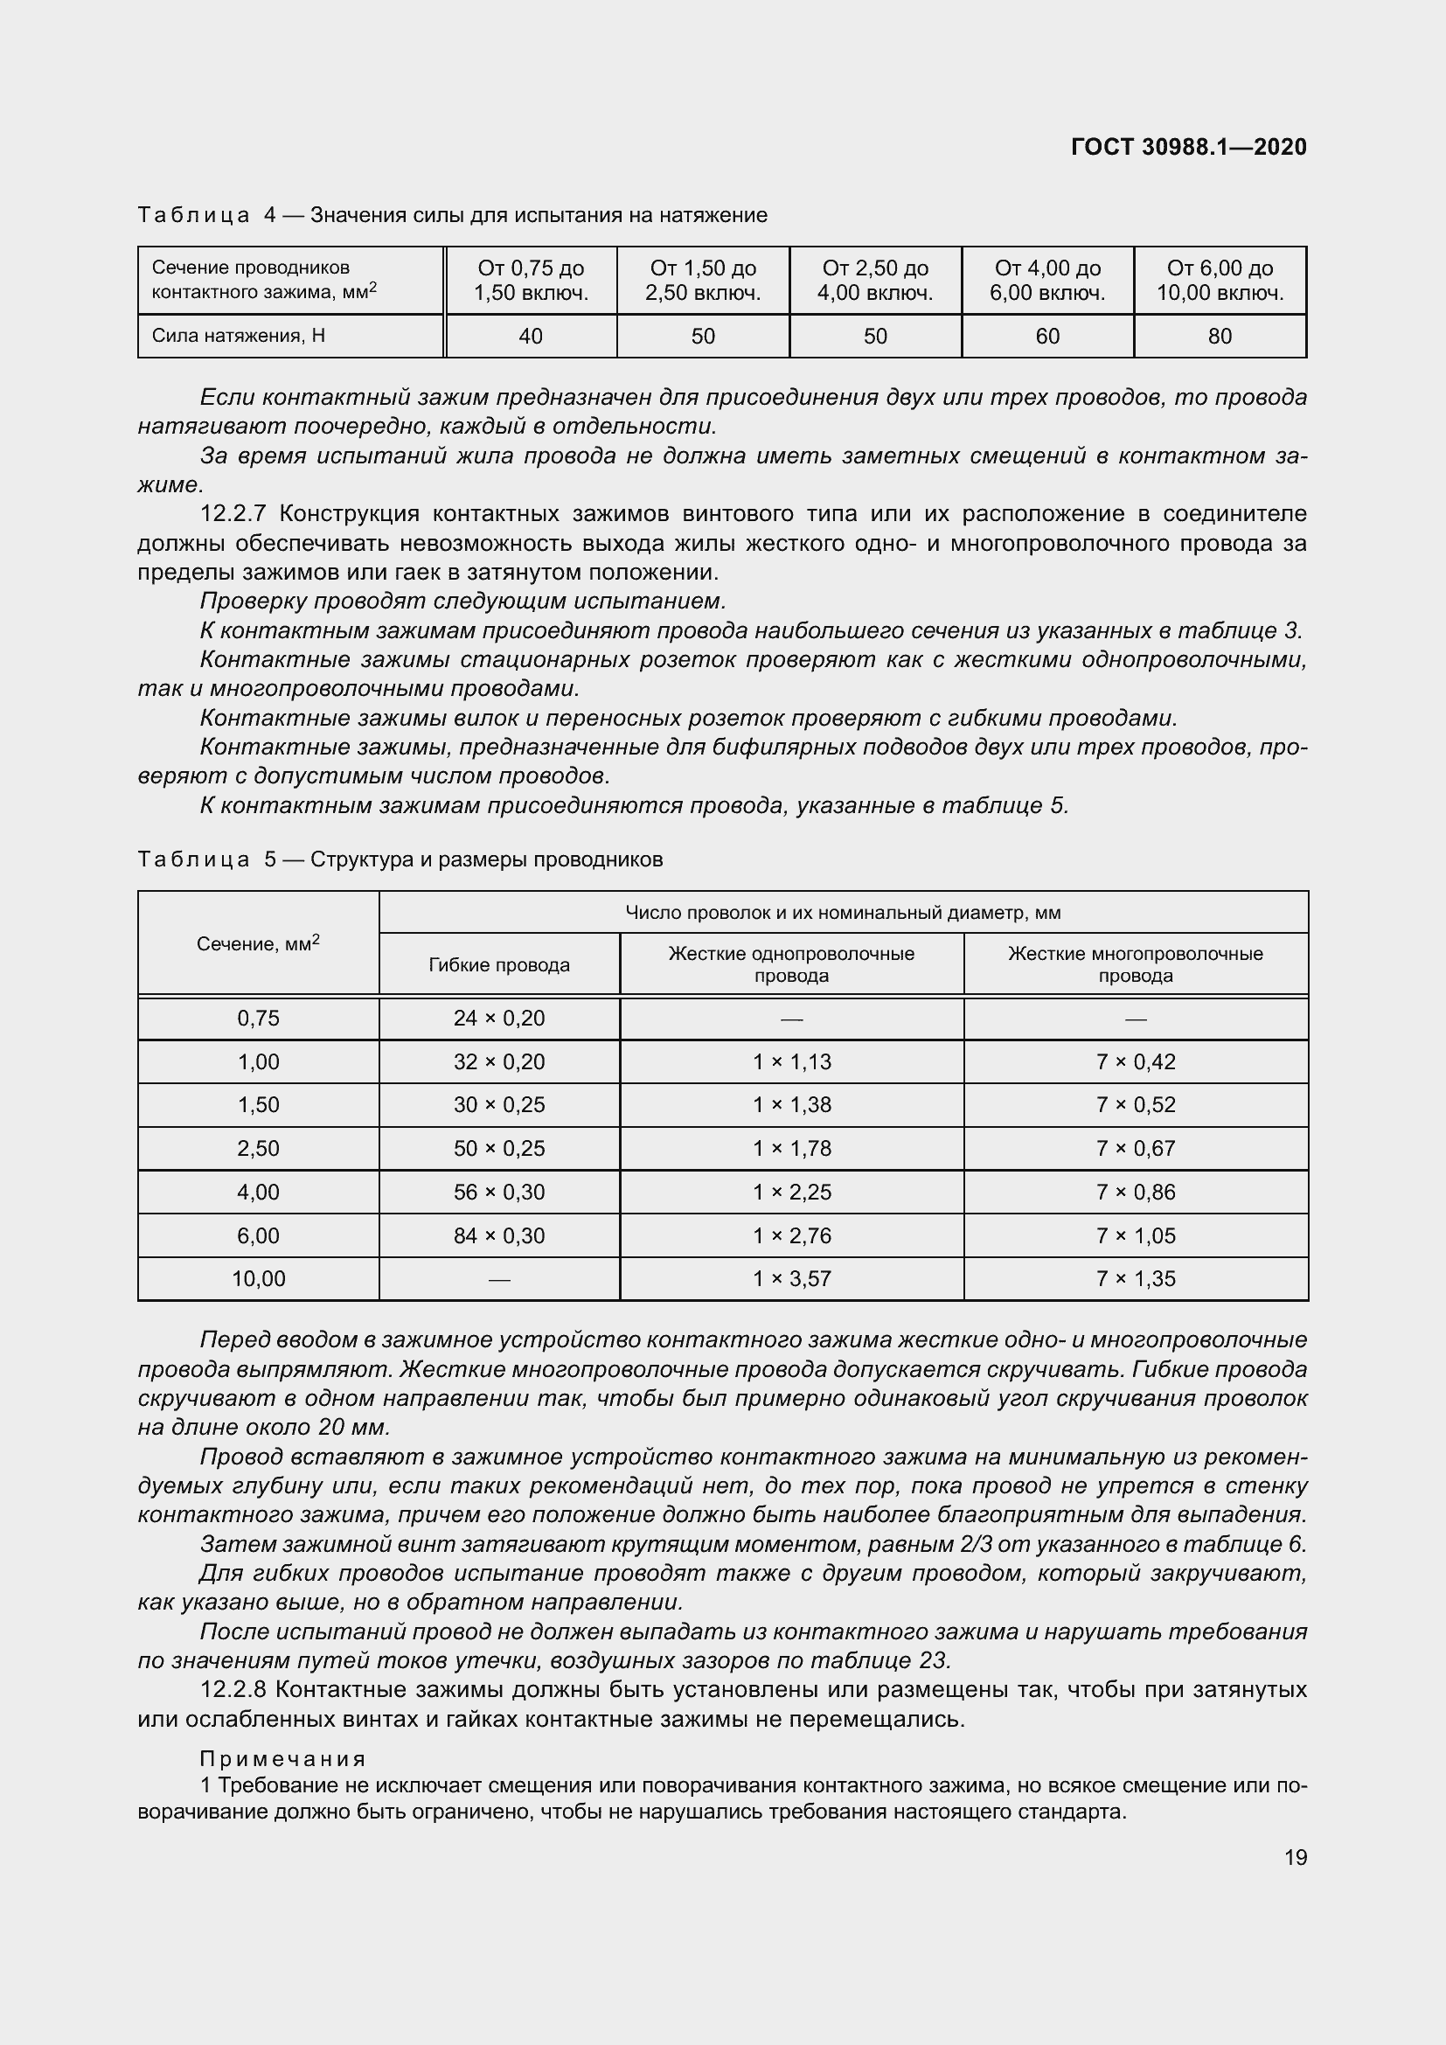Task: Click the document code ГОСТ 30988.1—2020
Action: coord(1189,147)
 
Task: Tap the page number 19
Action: coord(1296,1857)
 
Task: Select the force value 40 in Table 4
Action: coord(531,336)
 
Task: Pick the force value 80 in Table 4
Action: coord(1220,336)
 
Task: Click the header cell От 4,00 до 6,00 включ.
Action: coord(1047,281)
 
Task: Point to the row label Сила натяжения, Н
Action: coord(239,336)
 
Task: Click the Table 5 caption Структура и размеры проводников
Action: coord(486,859)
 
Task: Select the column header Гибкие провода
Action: coord(498,964)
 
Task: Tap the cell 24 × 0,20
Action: coord(498,1018)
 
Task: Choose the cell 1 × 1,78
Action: coord(791,1148)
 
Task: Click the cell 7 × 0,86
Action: coord(1136,1192)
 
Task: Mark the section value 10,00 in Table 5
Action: coord(258,1279)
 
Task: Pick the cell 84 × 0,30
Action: coord(498,1235)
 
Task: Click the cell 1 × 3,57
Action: coord(791,1279)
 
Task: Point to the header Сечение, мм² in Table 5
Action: coord(258,943)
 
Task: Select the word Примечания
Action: coord(283,1758)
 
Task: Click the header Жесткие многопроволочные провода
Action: coord(1136,964)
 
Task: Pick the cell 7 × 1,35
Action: coord(1136,1279)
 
